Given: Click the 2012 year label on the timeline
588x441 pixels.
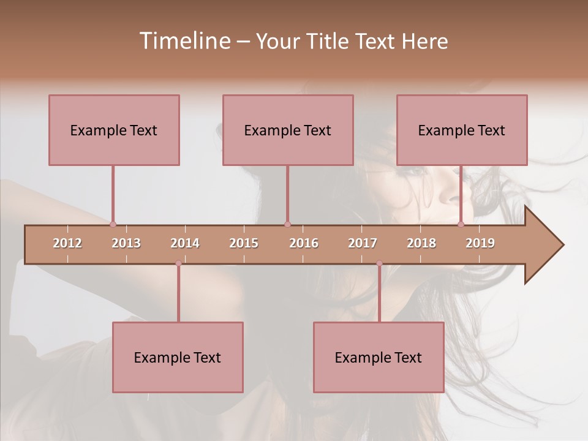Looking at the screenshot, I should point(67,243).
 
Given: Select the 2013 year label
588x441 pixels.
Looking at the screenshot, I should point(126,243).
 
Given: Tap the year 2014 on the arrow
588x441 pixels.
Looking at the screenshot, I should point(185,243).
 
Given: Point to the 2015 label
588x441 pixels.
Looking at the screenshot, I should point(244,243).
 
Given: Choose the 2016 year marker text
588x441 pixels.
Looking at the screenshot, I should point(304,243).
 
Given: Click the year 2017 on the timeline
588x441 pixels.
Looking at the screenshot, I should point(363,243).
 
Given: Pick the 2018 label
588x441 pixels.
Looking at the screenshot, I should point(421,243).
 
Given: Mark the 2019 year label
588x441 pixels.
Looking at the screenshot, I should point(480,243).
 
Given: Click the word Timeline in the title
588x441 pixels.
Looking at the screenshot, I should point(184,41).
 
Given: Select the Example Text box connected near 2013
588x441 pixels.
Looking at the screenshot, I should point(114,130).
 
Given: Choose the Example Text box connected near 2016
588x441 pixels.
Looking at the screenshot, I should point(288,130).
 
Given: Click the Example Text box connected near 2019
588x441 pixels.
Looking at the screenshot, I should point(462,130).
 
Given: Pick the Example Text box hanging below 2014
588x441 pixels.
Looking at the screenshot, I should point(178,357).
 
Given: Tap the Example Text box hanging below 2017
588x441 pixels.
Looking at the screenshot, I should point(379,357).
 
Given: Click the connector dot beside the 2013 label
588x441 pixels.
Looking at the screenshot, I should point(113,224).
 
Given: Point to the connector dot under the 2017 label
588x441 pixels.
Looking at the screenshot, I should point(379,263).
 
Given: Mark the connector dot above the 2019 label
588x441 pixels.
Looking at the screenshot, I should point(461,224).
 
